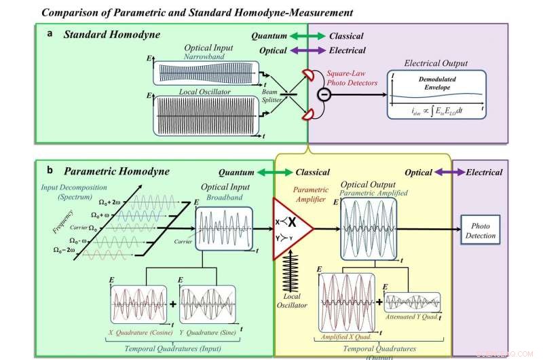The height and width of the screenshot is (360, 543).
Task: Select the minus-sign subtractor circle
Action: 324,94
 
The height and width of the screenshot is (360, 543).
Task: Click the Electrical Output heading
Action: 436,63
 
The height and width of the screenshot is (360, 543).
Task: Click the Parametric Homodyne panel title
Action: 117,171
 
